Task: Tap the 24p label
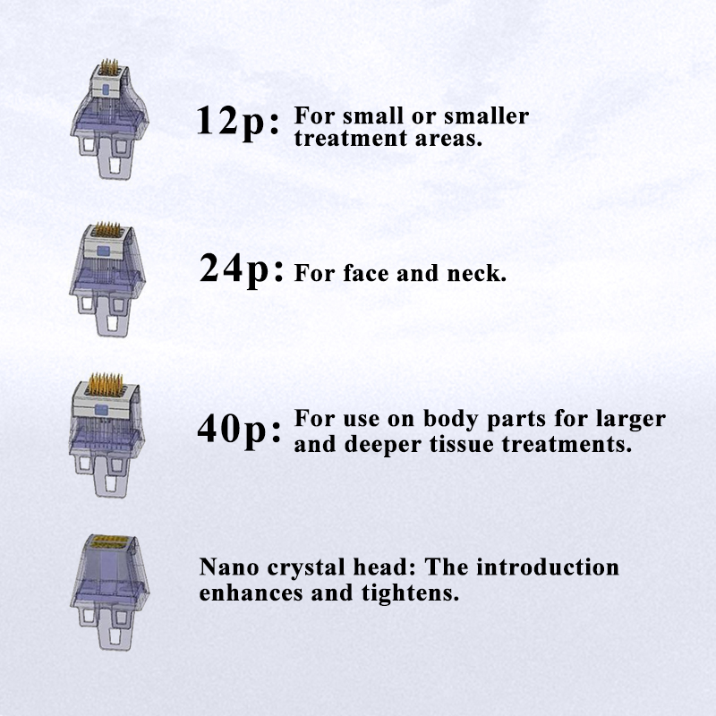[241, 270]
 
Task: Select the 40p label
[239, 430]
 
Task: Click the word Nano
[227, 567]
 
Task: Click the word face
[366, 273]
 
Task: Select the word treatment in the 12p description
[351, 139]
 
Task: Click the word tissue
[461, 444]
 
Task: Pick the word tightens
[410, 593]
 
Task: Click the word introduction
[548, 567]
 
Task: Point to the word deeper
[382, 445]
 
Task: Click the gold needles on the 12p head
[109, 68]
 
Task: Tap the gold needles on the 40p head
[106, 385]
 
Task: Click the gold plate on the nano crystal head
[108, 542]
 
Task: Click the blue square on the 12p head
[106, 89]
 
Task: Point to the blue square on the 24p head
[104, 251]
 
